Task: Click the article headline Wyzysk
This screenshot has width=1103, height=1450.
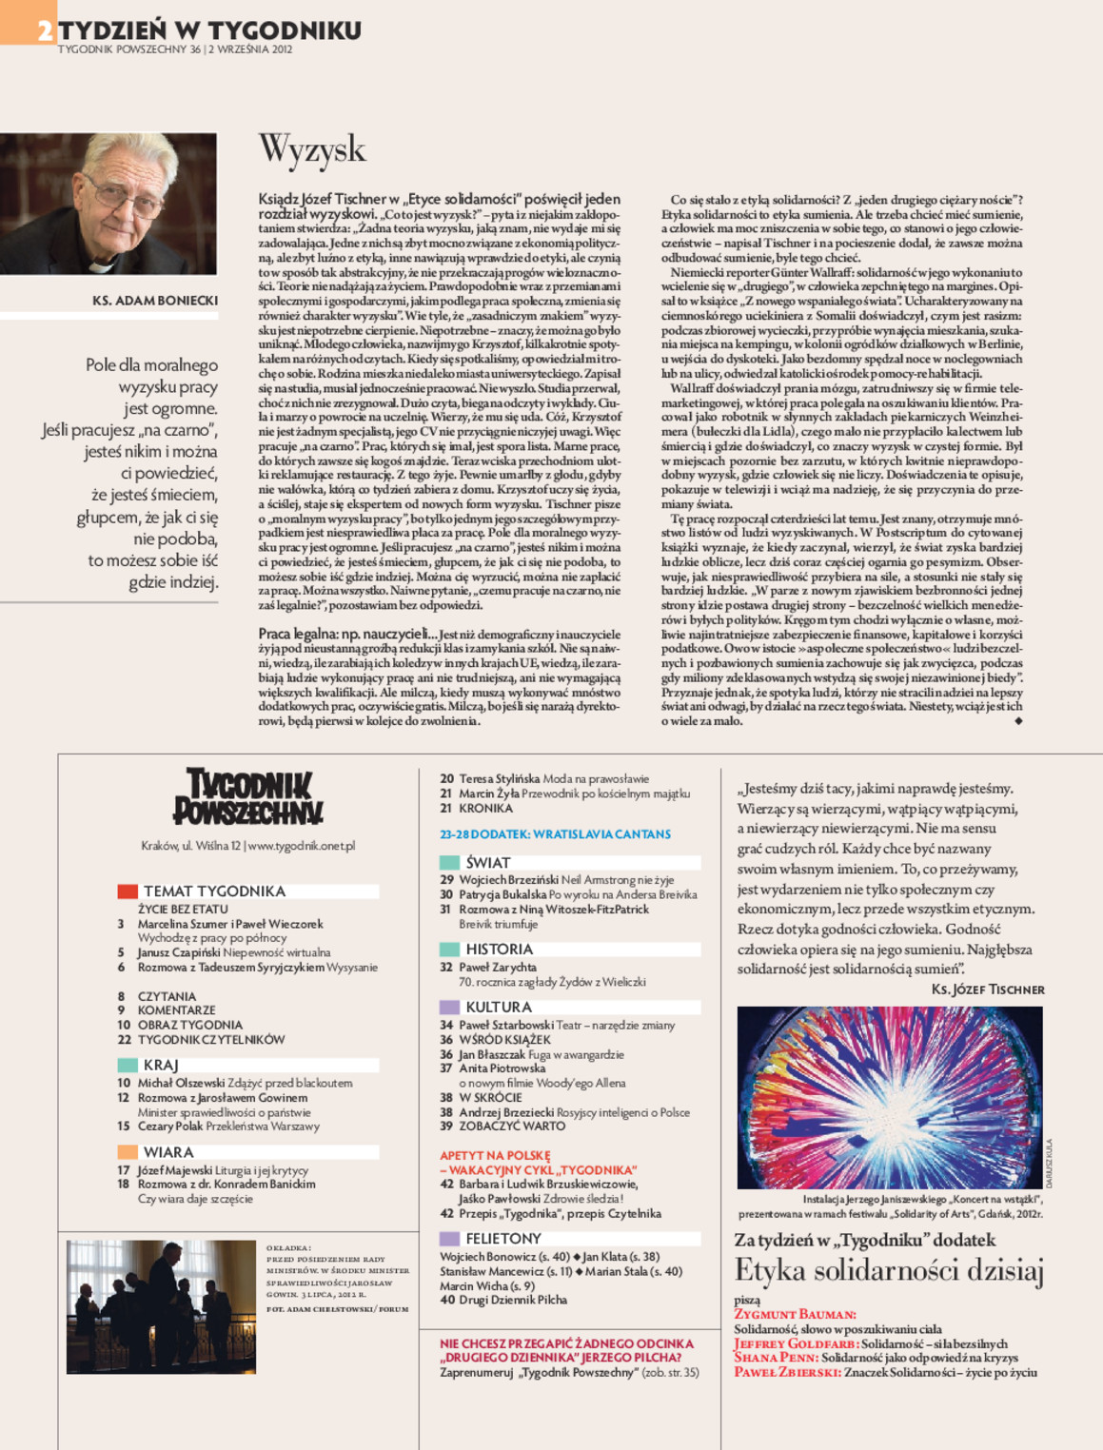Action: click(312, 150)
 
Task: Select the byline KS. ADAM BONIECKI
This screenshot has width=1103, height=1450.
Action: click(155, 301)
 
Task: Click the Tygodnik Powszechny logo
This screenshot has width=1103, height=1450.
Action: click(248, 796)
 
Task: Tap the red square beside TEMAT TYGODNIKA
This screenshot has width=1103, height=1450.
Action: click(128, 892)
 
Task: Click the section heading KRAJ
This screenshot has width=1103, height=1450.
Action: click(161, 1066)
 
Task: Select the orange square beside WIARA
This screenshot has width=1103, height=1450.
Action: click(128, 1152)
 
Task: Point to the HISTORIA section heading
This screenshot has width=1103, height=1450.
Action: click(499, 950)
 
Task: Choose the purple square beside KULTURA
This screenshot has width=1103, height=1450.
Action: click(449, 1007)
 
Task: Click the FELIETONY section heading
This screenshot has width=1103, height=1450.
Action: click(502, 1239)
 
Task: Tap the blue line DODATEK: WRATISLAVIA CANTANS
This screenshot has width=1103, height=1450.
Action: click(555, 834)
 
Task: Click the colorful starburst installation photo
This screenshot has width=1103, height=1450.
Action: click(890, 1097)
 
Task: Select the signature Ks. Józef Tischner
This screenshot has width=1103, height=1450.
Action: click(987, 990)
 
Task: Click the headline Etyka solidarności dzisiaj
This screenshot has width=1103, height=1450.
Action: click(889, 1271)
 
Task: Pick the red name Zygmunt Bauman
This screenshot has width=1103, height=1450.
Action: click(795, 1314)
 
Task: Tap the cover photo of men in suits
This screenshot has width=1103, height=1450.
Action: click(161, 1306)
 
